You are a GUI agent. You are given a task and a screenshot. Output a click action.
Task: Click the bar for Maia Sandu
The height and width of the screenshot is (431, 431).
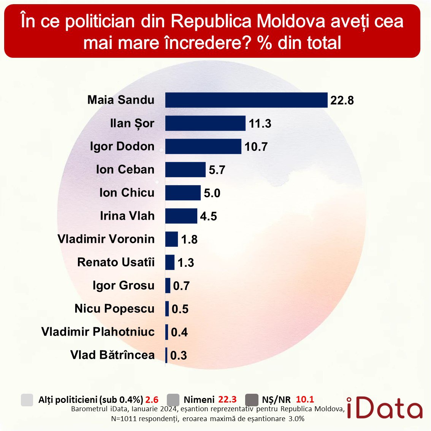[x=246, y=100]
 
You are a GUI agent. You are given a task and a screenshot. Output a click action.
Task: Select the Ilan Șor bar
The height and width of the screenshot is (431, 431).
[x=205, y=123]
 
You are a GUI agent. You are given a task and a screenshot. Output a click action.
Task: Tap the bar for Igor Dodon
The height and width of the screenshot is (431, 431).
[x=203, y=146]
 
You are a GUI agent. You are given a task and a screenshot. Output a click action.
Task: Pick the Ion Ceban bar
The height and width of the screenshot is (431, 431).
[x=185, y=170]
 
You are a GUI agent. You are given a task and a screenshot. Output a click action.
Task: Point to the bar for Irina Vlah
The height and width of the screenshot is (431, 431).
[x=181, y=216]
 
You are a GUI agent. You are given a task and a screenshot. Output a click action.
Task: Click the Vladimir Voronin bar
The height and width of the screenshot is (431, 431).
[x=171, y=239]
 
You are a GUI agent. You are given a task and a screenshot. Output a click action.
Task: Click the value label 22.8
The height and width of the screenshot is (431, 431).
[x=342, y=100]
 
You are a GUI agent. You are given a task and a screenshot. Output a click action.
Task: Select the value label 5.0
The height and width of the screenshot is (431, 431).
[x=212, y=193]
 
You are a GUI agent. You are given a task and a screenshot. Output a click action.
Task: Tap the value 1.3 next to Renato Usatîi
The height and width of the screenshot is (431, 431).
[x=185, y=263]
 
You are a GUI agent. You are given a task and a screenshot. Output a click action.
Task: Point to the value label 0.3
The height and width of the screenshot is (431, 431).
[x=179, y=355]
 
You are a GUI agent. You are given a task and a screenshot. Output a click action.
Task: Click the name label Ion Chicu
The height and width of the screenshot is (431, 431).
[x=127, y=193]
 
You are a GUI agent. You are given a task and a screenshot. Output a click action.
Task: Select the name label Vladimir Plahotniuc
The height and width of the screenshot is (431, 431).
[x=98, y=332]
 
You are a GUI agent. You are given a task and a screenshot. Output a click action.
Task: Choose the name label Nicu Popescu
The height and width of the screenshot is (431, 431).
[x=114, y=309]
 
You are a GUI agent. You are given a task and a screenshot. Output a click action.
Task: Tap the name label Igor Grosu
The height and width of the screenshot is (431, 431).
[x=124, y=285]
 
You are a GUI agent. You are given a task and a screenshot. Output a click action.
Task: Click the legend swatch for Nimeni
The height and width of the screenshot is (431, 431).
[x=173, y=400]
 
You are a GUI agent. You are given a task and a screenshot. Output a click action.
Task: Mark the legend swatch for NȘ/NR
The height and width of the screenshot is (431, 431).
[x=252, y=400]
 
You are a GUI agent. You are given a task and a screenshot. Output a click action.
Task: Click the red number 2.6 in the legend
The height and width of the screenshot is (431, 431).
[x=152, y=400]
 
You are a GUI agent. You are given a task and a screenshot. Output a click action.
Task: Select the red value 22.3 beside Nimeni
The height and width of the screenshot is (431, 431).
[x=227, y=399]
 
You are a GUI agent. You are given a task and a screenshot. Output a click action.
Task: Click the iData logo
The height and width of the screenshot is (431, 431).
[x=384, y=408]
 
